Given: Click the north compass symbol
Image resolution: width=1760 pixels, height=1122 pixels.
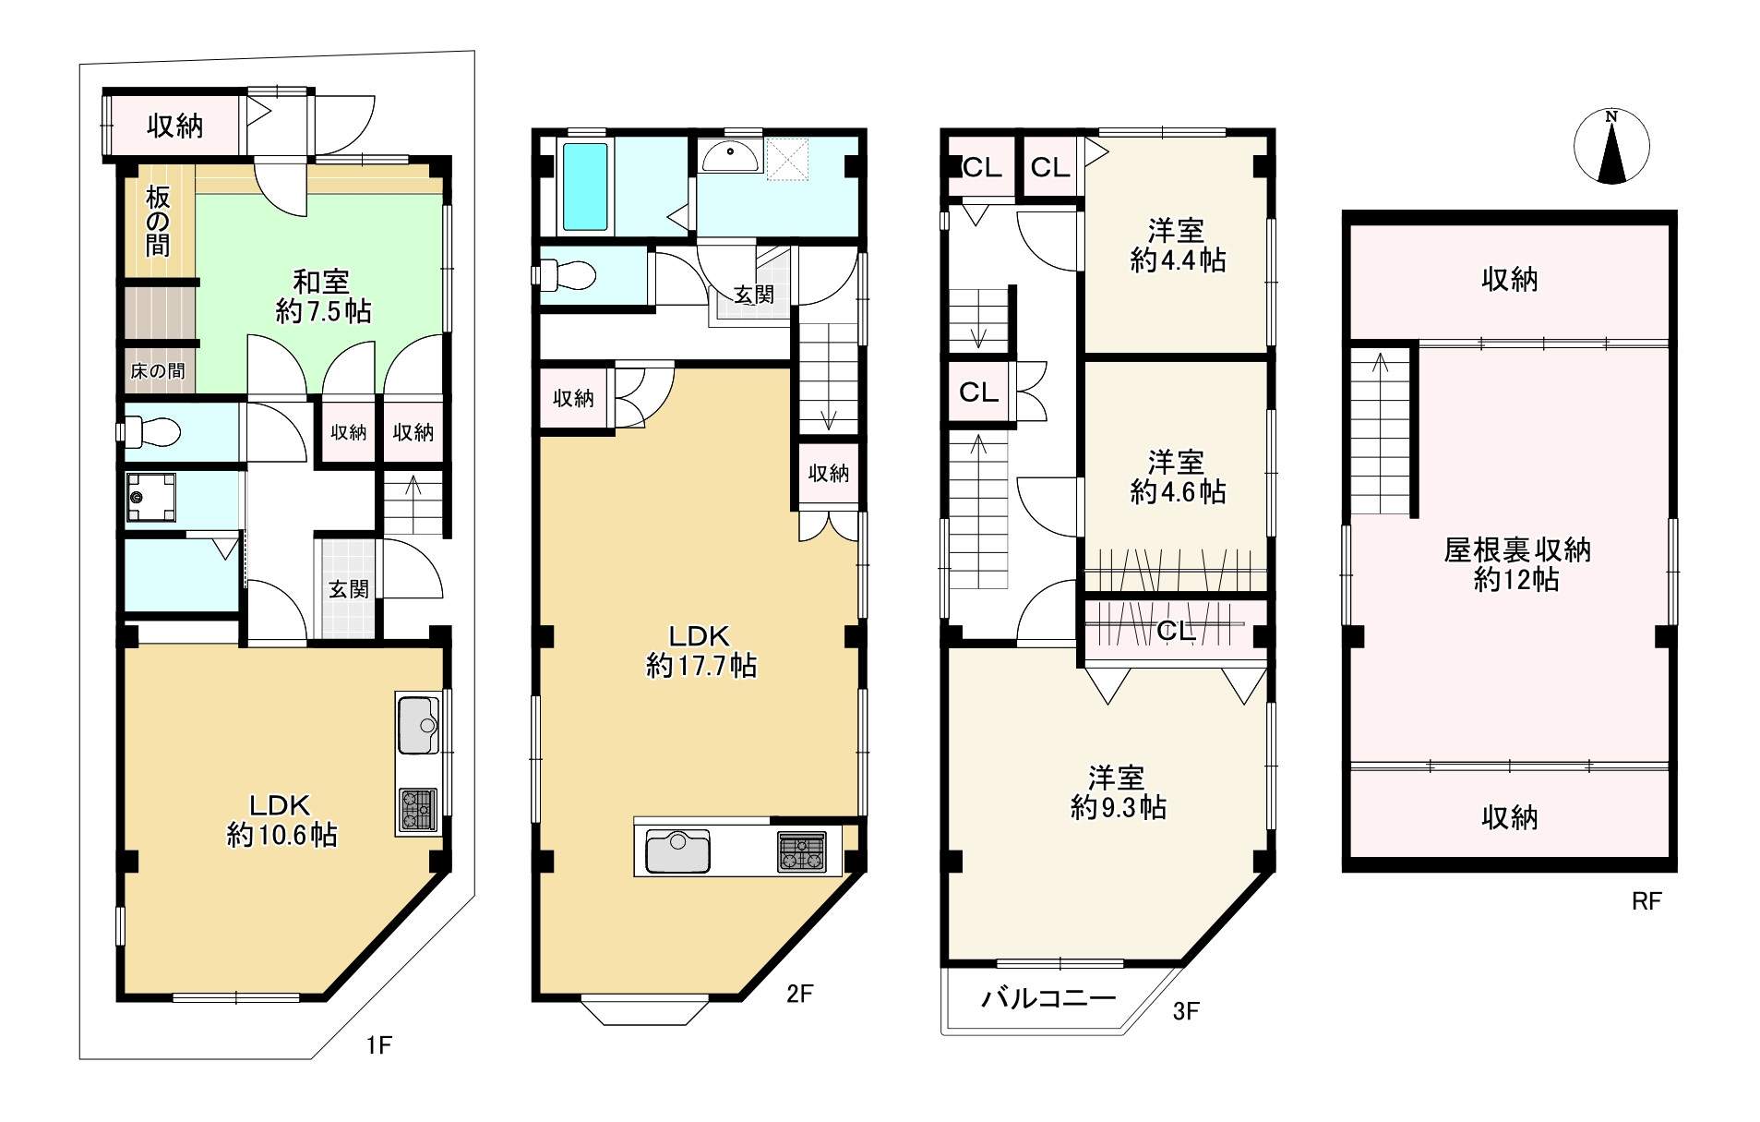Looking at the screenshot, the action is pos(1611,147).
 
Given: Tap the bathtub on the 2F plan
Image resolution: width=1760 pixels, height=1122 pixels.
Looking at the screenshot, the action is pos(586,187).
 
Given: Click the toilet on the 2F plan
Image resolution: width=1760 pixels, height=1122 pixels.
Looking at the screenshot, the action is pos(565,274).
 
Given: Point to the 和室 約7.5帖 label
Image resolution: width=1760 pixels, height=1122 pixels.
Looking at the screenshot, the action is pos(323,296).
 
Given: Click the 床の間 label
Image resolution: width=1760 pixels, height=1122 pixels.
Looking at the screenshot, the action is pos(157,371).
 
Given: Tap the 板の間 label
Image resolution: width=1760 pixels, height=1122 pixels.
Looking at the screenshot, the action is pos(158,221).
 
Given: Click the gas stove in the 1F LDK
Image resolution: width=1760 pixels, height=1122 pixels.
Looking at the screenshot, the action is pos(418,810).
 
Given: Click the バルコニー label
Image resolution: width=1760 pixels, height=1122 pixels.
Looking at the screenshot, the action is pos(1048,998).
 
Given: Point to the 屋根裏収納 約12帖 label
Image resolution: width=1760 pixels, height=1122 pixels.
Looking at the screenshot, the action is pos(1516,565).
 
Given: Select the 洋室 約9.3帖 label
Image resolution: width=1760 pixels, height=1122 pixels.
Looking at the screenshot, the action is pos(1118,792).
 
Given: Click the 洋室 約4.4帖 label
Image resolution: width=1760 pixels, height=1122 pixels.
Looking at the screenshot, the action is pos(1178,245).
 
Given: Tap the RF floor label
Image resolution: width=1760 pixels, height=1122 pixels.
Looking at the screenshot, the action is pos(1646,901).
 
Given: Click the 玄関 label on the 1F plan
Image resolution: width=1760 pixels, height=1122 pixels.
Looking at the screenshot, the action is pos(349,589).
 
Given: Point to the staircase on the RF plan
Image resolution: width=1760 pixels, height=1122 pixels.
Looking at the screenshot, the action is pos(1382,432).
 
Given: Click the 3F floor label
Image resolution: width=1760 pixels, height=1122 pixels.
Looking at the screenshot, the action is pos(1186,1011).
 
